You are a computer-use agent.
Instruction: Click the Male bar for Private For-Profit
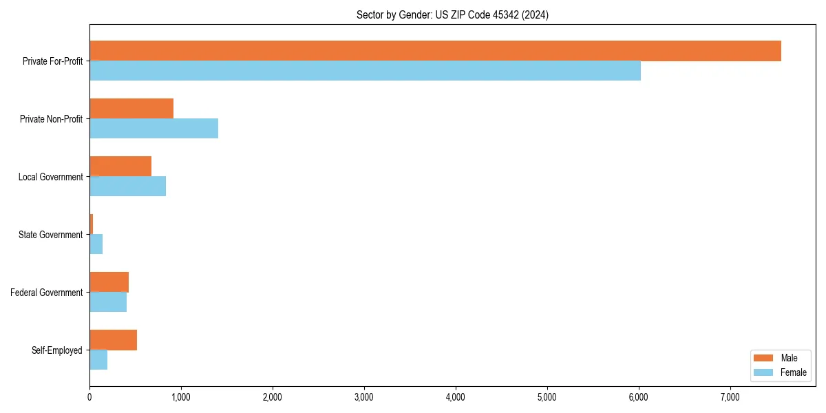tap(435, 51)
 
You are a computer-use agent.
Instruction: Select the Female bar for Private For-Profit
tap(365, 71)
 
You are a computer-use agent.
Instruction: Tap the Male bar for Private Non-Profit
tap(131, 109)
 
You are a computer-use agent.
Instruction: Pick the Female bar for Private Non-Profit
tap(153, 129)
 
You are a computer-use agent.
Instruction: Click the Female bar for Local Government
tap(127, 187)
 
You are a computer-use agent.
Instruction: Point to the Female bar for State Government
tap(96, 244)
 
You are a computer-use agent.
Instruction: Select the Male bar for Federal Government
tap(109, 282)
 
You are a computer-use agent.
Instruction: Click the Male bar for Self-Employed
tap(113, 340)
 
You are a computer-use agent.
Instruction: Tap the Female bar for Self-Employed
tap(98, 360)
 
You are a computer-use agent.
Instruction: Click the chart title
tap(452, 14)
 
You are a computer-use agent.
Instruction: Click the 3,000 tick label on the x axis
tap(363, 397)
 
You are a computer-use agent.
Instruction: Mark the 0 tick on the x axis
tap(89, 397)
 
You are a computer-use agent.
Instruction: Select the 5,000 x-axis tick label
tap(547, 397)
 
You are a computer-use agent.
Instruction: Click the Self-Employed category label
tap(56, 350)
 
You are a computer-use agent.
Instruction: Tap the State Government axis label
tap(50, 235)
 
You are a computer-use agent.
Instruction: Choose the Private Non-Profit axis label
tap(51, 119)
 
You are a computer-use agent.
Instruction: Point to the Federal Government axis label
tap(46, 293)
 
